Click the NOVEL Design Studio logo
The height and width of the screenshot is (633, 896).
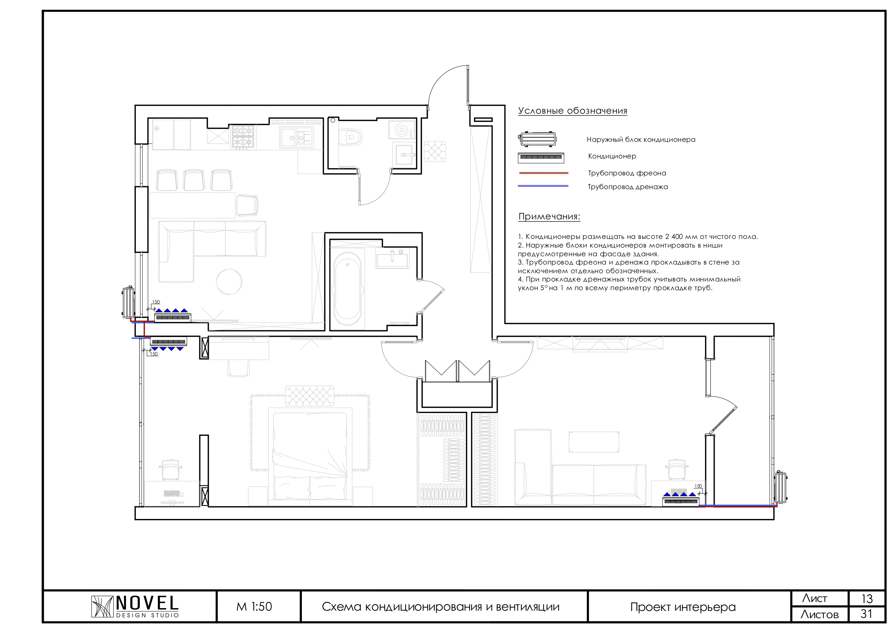click(x=135, y=607)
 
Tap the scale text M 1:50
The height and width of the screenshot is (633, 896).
click(x=254, y=607)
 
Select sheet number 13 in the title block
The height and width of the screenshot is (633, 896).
click(x=867, y=599)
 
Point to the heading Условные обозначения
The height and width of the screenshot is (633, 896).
click(x=572, y=111)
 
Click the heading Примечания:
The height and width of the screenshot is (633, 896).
click(x=549, y=217)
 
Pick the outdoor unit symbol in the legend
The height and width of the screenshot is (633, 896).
click(x=537, y=139)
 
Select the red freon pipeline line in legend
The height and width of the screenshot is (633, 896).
click(x=543, y=173)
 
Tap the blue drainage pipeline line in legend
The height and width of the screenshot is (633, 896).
click(x=543, y=187)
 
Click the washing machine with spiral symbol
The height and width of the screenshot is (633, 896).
click(x=402, y=130)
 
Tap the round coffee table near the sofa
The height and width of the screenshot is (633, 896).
click(x=229, y=281)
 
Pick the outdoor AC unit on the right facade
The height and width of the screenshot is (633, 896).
click(x=780, y=487)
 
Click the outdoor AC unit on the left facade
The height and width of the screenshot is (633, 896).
click(x=128, y=302)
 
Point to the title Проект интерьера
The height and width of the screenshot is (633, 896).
click(x=683, y=607)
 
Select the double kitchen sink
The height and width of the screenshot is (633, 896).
click(x=296, y=137)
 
